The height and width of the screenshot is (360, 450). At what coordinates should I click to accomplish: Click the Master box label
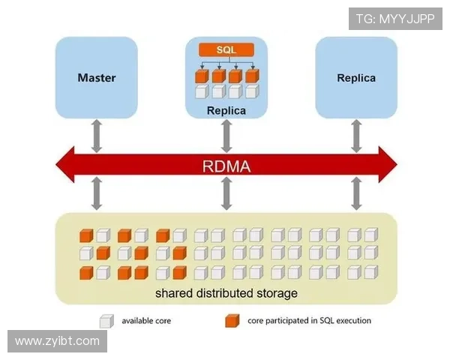(97, 77)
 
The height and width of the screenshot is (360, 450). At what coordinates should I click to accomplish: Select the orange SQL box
(226, 49)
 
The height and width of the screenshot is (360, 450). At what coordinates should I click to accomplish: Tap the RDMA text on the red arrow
(226, 166)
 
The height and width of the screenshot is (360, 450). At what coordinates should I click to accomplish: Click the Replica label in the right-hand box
(356, 77)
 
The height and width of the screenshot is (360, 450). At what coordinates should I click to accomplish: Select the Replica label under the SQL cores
(226, 111)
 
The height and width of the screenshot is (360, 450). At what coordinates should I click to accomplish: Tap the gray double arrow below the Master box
(97, 134)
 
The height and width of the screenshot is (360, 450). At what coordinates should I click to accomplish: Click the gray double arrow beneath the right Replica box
(356, 134)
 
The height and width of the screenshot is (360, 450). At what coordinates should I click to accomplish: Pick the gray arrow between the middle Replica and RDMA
(226, 134)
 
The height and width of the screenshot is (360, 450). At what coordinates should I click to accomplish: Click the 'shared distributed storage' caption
(226, 292)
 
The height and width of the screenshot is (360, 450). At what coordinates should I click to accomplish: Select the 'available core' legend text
(146, 321)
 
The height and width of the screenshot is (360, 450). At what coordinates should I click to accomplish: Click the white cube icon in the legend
(106, 321)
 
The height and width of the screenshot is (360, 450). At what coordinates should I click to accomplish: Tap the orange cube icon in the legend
(232, 321)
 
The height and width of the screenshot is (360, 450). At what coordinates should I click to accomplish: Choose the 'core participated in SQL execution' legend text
(309, 321)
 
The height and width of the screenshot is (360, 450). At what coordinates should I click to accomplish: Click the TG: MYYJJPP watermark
(395, 18)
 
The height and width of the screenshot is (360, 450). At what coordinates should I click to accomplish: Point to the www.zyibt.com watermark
(57, 341)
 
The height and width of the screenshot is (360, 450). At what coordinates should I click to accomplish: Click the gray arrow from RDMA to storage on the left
(97, 194)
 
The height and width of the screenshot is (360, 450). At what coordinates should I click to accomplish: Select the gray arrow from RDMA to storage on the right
(356, 194)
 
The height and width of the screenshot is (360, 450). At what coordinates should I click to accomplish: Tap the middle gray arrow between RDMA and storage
(226, 194)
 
